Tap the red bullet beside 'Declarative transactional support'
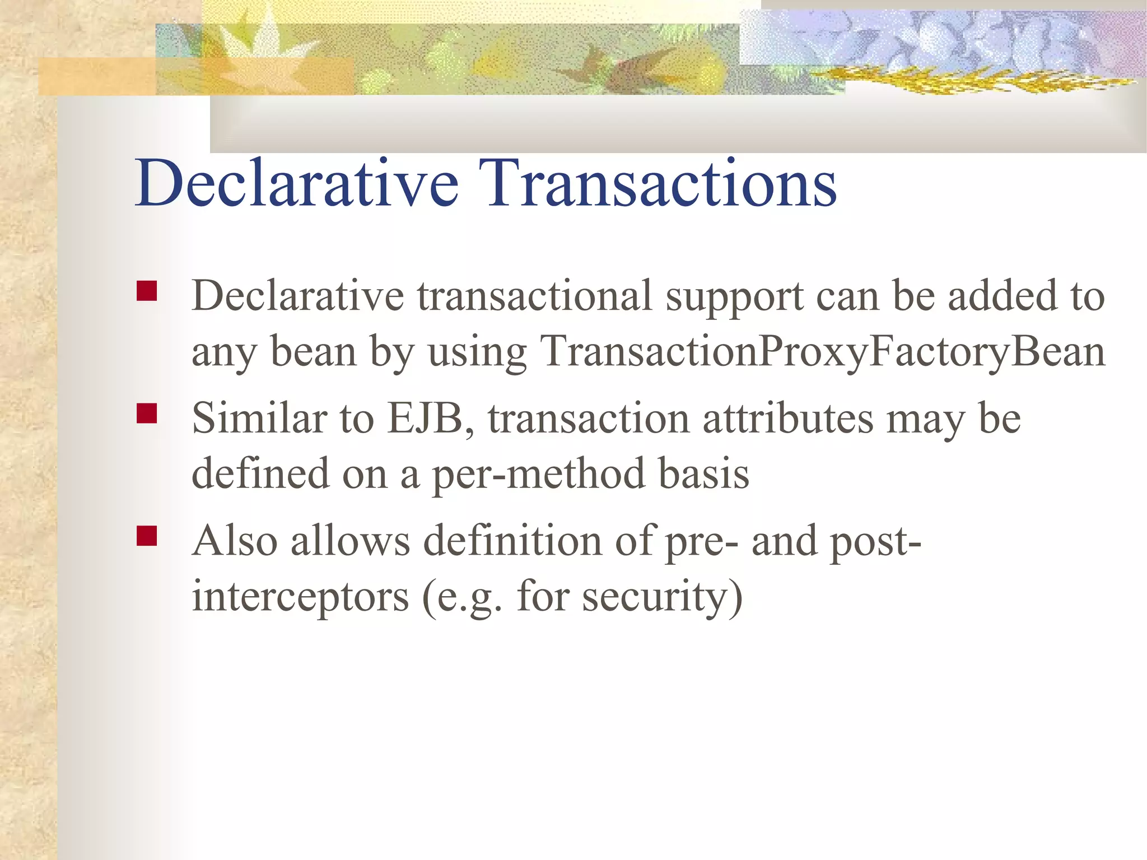click(147, 291)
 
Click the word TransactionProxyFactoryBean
click(822, 352)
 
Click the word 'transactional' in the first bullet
click(535, 296)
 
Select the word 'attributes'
click(788, 419)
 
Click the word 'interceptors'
click(301, 597)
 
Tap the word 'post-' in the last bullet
click(875, 542)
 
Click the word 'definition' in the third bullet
click(512, 541)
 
